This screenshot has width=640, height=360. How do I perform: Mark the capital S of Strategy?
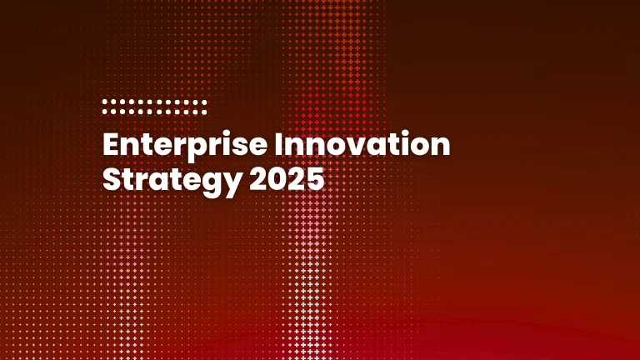pos(111,178)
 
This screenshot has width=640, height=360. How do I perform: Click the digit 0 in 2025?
pos(274,178)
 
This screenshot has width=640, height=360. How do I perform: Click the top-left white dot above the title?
pos(105,102)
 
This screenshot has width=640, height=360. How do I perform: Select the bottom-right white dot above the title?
pos(204,110)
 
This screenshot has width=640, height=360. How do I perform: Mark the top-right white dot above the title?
pos(204,102)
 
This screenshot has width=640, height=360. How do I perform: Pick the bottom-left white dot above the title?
pos(105,110)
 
